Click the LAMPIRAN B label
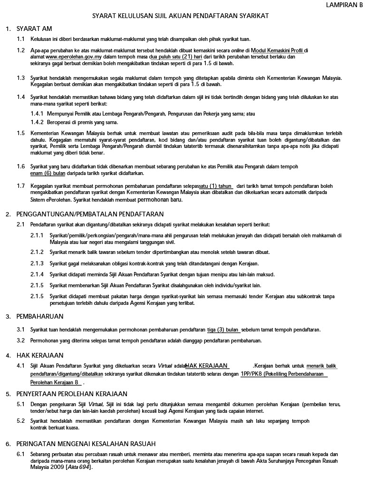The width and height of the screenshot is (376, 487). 345,5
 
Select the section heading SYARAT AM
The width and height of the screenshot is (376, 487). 34,29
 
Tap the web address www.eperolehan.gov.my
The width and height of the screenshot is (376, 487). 71,57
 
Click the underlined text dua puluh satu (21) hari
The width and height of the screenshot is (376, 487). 176,57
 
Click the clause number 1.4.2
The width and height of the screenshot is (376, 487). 37,122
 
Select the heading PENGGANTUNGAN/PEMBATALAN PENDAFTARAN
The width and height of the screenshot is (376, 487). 90,214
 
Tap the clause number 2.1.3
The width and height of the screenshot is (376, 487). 37,263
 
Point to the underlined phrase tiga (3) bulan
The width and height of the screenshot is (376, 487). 223,330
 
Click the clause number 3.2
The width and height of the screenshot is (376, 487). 21,341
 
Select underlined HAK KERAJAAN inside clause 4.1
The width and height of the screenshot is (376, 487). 207,366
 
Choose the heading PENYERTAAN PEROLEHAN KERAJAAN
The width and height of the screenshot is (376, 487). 72,394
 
